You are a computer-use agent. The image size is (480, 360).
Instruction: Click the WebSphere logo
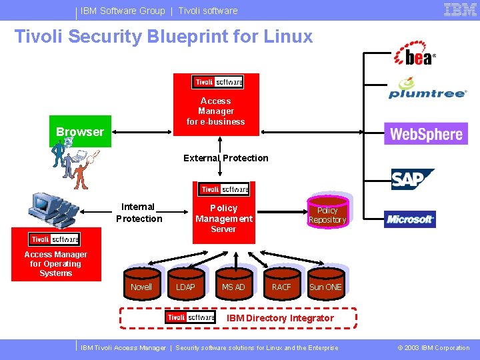point(426,134)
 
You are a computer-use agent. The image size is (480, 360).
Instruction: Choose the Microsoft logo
point(410,219)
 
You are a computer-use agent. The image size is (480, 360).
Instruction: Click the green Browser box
point(80,131)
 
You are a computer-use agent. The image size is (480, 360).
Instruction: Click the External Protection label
point(226,158)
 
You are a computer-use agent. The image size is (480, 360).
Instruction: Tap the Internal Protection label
point(139,213)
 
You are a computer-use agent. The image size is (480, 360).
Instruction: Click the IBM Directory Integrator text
point(280,318)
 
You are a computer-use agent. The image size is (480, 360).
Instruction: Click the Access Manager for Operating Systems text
point(56,264)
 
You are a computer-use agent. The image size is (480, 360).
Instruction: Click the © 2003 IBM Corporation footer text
point(434,348)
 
